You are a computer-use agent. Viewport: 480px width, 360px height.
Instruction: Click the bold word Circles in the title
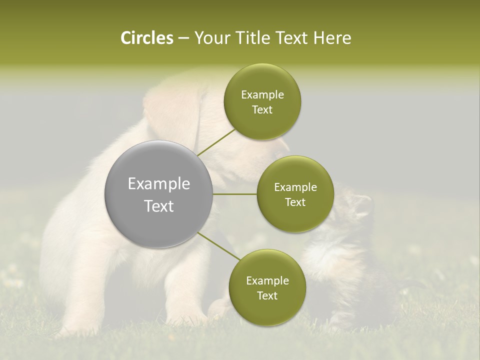[146, 38]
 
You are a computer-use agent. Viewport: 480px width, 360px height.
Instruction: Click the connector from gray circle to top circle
[216, 142]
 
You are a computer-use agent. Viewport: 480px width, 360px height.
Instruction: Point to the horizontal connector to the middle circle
[234, 194]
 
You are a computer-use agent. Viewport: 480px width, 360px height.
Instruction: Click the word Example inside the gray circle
[159, 184]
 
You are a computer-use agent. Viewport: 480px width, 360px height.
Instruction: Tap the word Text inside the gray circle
[159, 206]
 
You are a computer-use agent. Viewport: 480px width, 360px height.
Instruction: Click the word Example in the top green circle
[262, 95]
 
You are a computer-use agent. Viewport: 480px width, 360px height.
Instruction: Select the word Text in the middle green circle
[295, 202]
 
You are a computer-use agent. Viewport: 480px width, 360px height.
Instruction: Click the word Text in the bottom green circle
[267, 295]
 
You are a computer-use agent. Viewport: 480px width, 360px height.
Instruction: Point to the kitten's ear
[364, 202]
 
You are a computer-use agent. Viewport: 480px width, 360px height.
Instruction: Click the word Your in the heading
[210, 38]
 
